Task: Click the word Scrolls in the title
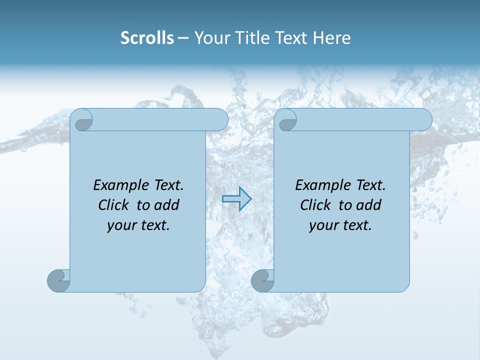(x=147, y=38)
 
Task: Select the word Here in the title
(x=332, y=38)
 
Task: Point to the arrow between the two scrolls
(x=236, y=199)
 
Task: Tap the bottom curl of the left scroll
(x=58, y=280)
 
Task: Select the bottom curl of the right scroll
(x=262, y=280)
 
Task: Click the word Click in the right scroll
(x=316, y=205)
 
